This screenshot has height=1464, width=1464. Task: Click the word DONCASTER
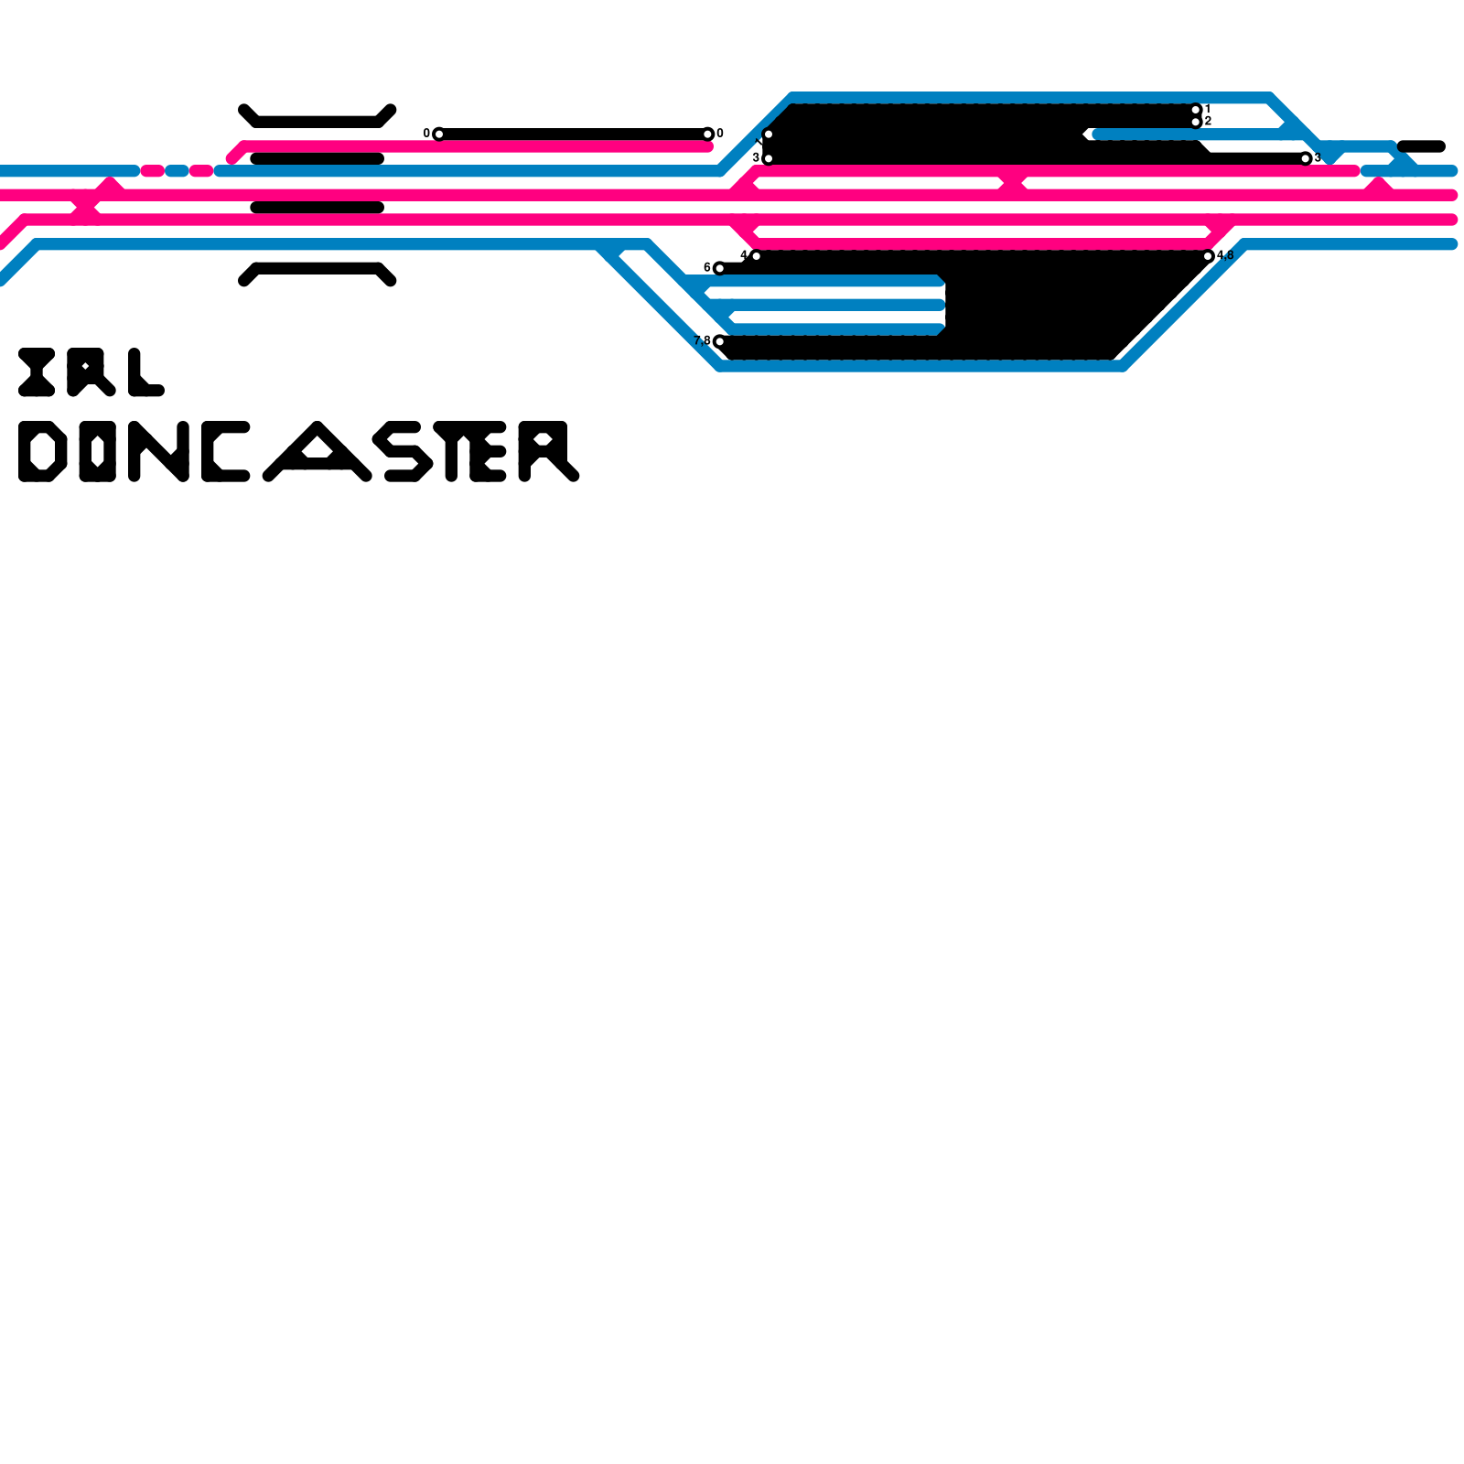point(298,451)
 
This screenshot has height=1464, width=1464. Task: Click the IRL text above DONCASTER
point(91,372)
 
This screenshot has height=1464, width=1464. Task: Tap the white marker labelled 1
point(1196,110)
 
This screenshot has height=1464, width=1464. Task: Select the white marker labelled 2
point(1196,122)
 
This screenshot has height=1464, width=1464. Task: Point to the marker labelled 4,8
point(1208,256)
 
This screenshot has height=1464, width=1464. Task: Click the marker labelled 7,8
point(719,341)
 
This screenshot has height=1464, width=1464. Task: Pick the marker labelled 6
point(719,268)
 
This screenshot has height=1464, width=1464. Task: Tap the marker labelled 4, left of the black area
point(756,256)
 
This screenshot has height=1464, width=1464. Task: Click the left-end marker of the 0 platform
point(439,135)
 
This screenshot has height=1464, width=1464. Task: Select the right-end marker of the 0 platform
point(707,135)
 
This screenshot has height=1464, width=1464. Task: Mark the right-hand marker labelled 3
point(1306,158)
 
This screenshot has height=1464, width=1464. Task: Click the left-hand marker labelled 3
point(768,158)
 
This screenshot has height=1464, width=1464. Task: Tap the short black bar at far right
point(1421,146)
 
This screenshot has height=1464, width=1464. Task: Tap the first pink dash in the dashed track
point(152,171)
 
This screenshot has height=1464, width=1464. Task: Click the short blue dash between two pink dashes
point(177,171)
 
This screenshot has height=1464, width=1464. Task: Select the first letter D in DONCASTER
point(42,451)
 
